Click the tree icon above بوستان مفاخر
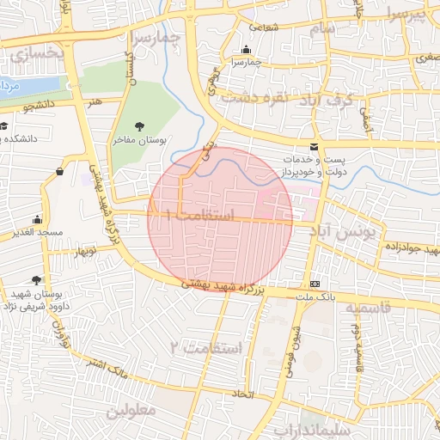[x=139, y=127]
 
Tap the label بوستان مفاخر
[x=140, y=140]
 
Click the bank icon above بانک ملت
[x=314, y=284]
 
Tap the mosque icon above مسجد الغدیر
[x=37, y=220]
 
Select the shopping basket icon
[x=59, y=171]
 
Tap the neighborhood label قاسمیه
[x=368, y=307]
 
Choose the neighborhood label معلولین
[x=131, y=412]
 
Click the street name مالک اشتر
[x=107, y=368]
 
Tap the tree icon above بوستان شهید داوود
[x=35, y=280]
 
